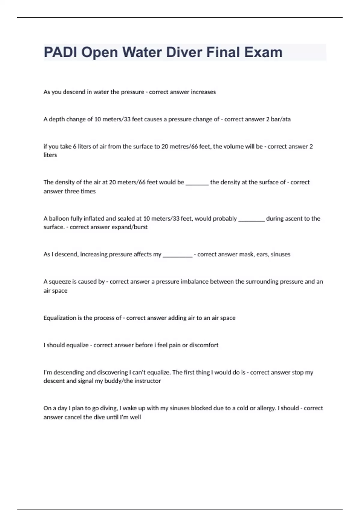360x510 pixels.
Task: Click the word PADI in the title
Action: coord(61,52)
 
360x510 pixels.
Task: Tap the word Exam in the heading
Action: coord(263,52)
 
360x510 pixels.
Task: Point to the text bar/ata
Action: coord(280,119)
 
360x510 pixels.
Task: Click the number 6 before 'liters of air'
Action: coord(75,147)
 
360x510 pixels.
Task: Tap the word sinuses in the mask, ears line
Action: coord(280,254)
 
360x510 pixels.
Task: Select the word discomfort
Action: coord(204,345)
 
